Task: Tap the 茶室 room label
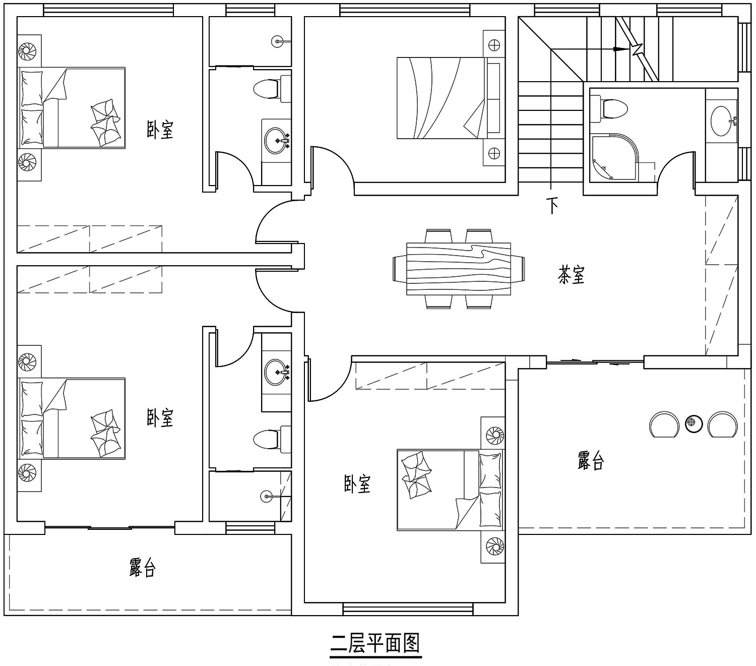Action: pyautogui.click(x=571, y=275)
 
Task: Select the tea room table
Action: pyautogui.click(x=459, y=269)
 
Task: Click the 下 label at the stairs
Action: pyautogui.click(x=552, y=205)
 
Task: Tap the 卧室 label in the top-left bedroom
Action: pyautogui.click(x=160, y=130)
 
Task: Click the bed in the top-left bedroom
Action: pyautogui.click(x=72, y=108)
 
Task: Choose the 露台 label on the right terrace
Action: pyautogui.click(x=591, y=460)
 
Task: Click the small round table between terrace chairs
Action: pyautogui.click(x=694, y=423)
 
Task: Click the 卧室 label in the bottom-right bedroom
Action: pyautogui.click(x=357, y=484)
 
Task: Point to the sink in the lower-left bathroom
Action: pyautogui.click(x=277, y=372)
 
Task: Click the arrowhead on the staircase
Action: pyautogui.click(x=620, y=49)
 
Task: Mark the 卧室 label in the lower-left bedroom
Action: pyautogui.click(x=160, y=418)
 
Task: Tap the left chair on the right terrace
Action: pyautogui.click(x=664, y=424)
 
